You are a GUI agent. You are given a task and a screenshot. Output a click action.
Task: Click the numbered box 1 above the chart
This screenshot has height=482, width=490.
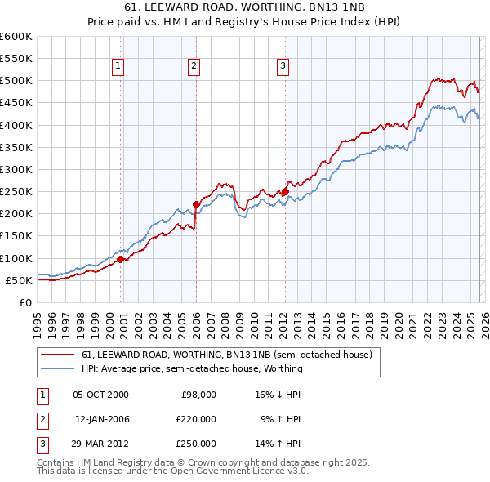coord(118,67)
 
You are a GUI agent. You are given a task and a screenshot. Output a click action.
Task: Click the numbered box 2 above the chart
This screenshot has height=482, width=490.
coord(194,67)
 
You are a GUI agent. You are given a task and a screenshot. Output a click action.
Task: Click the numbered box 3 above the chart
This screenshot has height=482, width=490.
coord(283,67)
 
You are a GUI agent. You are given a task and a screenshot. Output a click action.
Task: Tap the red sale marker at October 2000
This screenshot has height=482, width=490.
coord(120,259)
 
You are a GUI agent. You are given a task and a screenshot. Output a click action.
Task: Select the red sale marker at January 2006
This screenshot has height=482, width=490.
coord(196,205)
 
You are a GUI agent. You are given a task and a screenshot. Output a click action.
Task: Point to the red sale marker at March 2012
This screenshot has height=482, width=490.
coord(285,192)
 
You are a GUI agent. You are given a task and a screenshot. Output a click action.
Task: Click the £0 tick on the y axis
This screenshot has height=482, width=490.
coord(26,303)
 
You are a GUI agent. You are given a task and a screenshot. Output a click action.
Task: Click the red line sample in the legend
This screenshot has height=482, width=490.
coord(59,355)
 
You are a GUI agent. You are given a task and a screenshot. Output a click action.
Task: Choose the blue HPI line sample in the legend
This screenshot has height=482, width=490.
coord(59,368)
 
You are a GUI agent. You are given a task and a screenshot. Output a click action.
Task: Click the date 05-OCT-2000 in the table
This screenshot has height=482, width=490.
coord(100,395)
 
